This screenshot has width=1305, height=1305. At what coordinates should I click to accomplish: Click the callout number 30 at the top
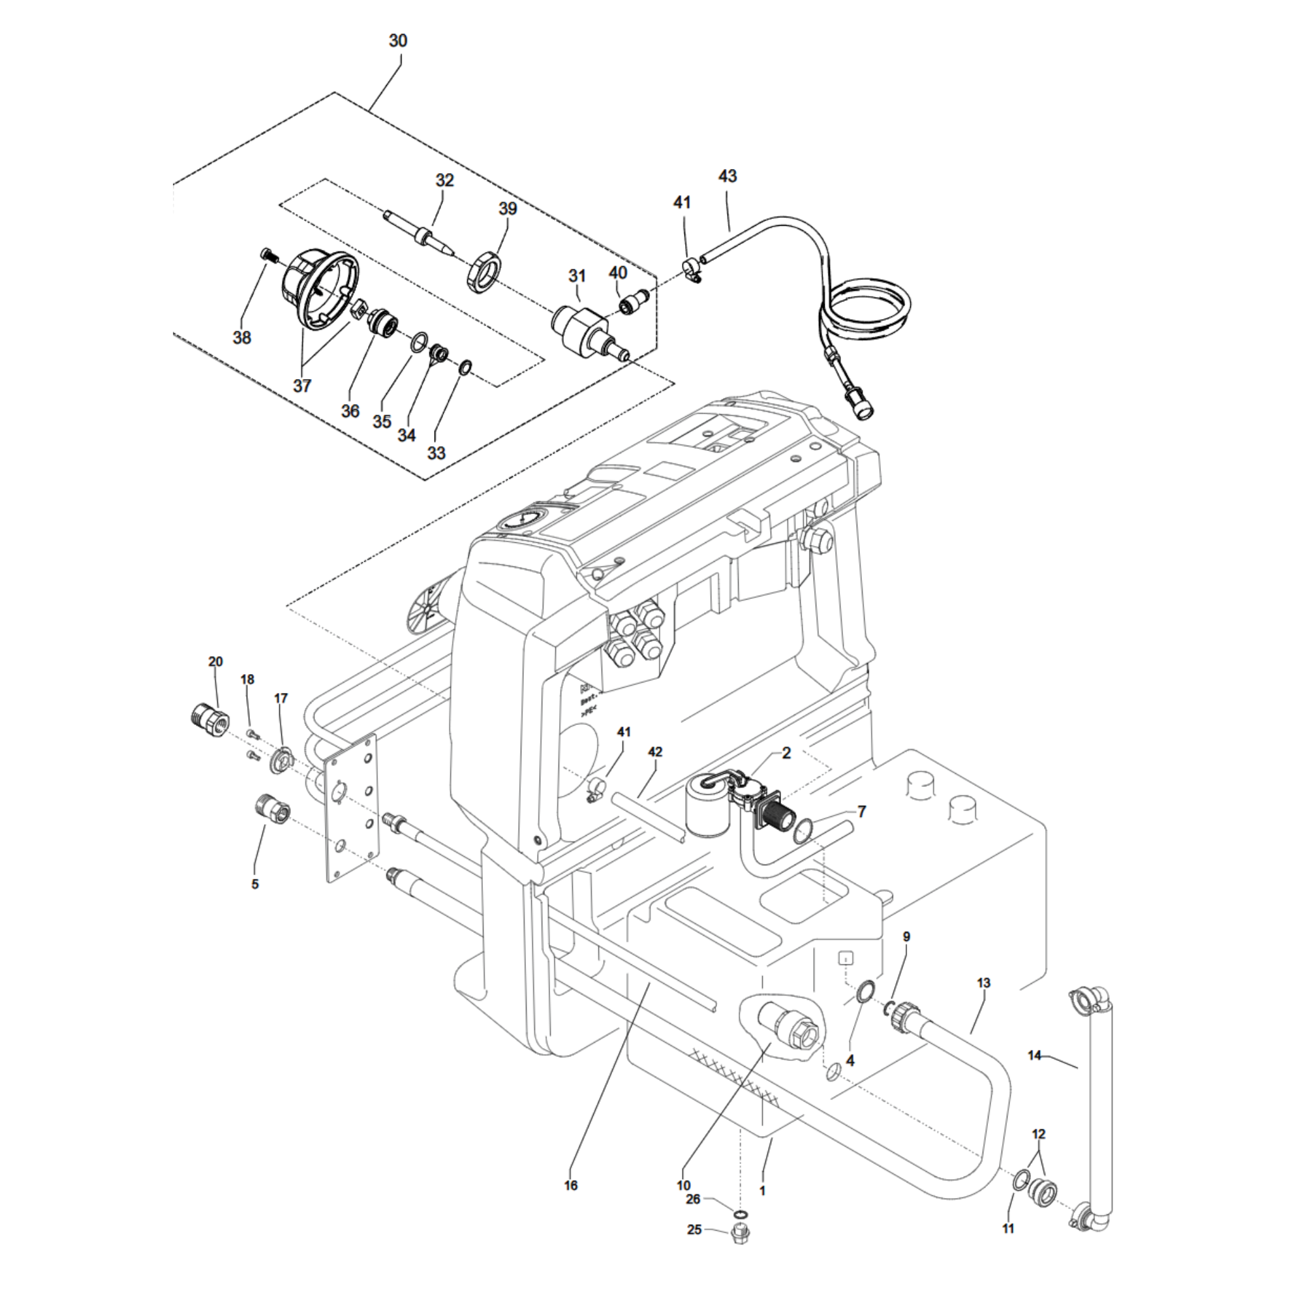click(x=398, y=40)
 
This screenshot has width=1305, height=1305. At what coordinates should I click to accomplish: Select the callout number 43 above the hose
click(x=727, y=176)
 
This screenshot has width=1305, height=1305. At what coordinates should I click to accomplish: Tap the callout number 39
click(x=507, y=209)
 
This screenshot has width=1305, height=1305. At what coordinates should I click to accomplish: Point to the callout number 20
click(x=215, y=662)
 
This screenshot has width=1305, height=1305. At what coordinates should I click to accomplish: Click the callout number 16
click(x=571, y=1186)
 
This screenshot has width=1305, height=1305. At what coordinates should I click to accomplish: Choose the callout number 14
click(x=1035, y=1056)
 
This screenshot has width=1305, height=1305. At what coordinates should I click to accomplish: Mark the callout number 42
click(x=655, y=752)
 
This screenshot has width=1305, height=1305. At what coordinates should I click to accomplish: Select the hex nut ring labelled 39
click(x=484, y=272)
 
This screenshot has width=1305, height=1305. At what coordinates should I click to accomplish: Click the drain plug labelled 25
click(x=741, y=1254)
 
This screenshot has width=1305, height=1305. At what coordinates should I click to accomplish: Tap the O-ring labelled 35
click(x=419, y=342)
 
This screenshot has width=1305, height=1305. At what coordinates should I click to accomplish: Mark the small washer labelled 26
click(x=741, y=1215)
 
